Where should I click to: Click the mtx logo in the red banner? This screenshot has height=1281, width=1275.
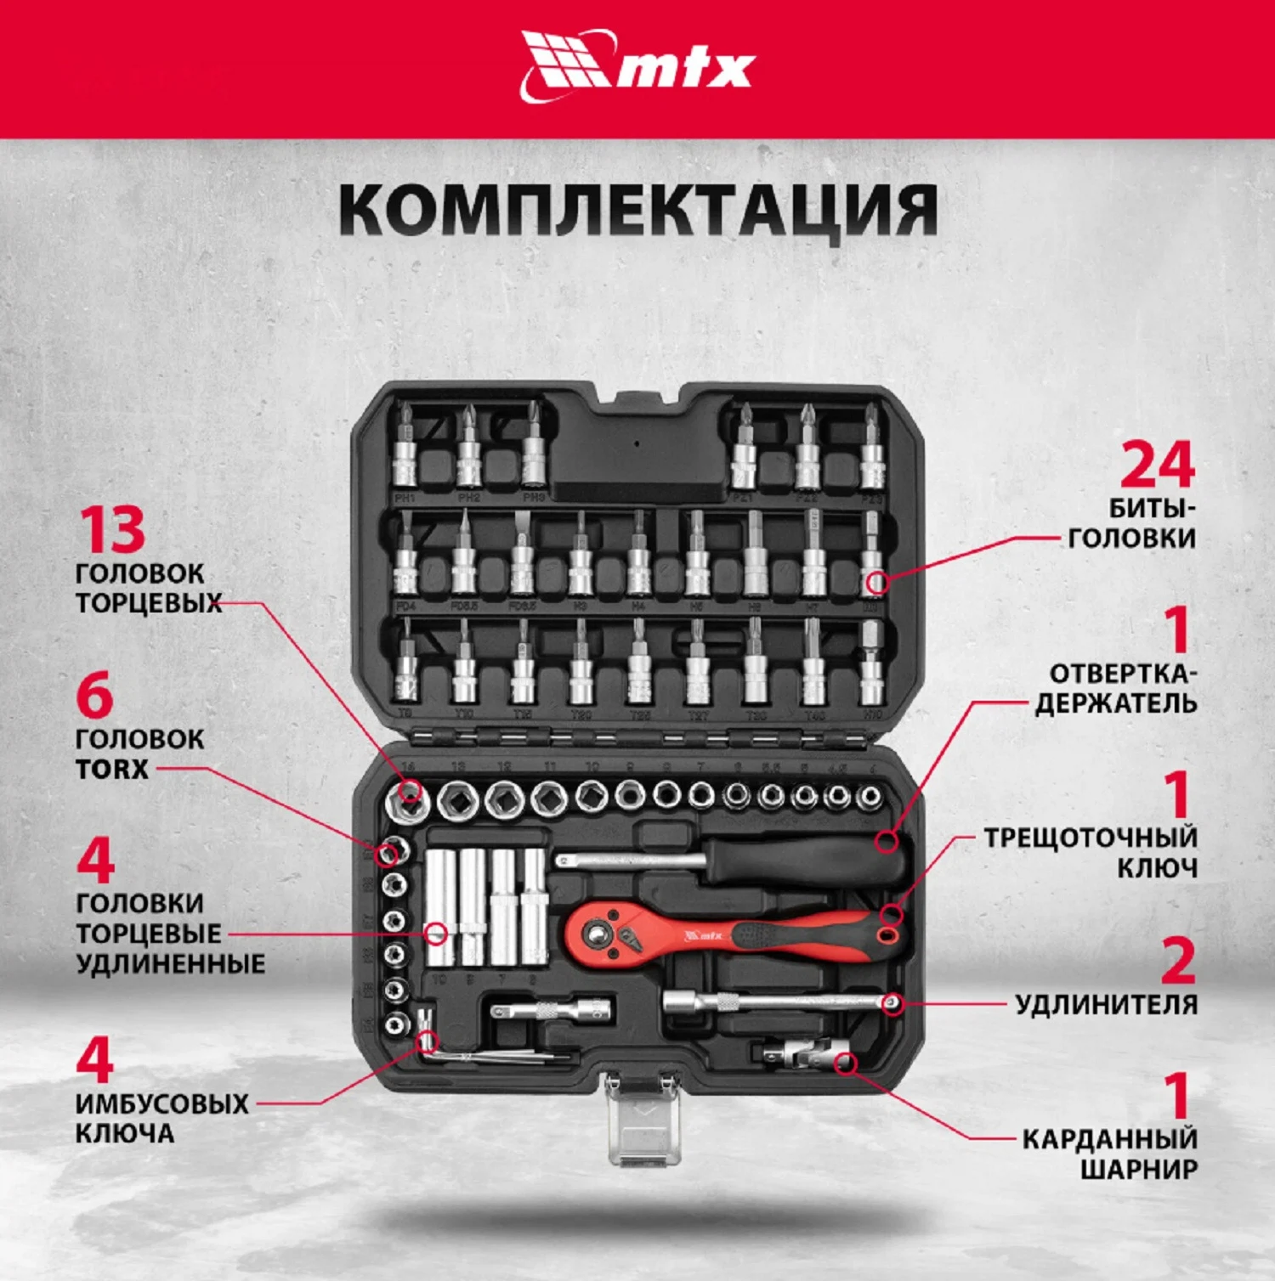pos(637,66)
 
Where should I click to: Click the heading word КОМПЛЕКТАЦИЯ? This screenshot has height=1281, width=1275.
pos(637,210)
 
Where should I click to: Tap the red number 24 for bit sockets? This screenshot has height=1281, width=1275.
pos(1157,465)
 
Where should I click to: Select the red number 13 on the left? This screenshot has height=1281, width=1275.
pos(112,530)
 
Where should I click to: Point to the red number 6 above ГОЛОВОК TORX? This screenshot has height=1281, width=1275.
pos(94,696)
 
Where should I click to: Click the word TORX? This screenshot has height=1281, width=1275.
pos(111,770)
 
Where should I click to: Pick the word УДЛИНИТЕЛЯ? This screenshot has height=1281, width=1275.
pos(1106,1005)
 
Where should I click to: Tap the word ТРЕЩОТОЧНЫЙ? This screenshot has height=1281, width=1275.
pos(1091,838)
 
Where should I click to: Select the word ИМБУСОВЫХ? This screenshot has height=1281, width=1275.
pos(161,1104)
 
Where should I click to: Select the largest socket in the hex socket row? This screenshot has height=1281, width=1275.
pos(408,799)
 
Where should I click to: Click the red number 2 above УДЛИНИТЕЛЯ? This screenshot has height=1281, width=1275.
pos(1178,961)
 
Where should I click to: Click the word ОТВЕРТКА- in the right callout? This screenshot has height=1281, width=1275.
pos(1123,674)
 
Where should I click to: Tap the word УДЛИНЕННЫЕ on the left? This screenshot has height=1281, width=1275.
pos(170,964)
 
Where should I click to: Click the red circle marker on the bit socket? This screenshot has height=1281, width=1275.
pos(877,583)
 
